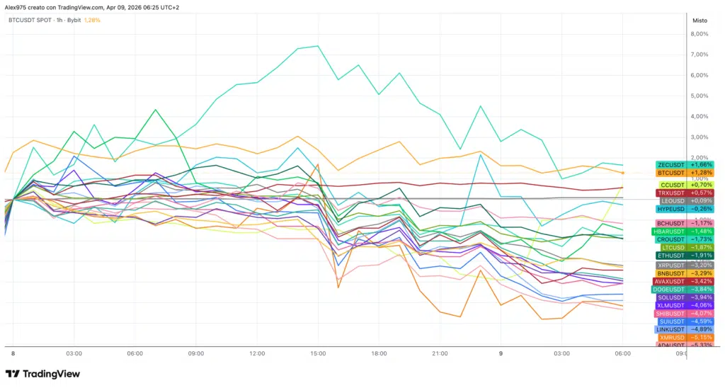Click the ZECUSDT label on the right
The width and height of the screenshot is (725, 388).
tap(676, 164)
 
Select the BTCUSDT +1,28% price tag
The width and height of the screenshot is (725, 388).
tap(676, 173)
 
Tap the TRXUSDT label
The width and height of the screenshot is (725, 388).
tap(676, 193)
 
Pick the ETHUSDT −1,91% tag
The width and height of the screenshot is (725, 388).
tap(676, 256)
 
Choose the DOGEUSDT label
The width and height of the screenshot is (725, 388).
tap(676, 289)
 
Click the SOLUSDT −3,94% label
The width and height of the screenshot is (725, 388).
tap(676, 297)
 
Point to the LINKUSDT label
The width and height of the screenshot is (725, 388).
tap(676, 329)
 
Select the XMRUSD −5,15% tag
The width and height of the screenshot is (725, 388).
tap(676, 338)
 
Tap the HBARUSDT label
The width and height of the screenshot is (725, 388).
tap(676, 231)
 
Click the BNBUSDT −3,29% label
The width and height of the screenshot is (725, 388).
tap(676, 273)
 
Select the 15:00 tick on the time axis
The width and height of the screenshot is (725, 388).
tap(318, 353)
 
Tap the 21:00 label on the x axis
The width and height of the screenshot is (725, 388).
tap(440, 353)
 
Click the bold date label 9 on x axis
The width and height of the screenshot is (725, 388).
tap(501, 353)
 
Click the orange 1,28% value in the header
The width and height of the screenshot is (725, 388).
tap(92, 21)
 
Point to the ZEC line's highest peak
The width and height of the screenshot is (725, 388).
tap(318, 46)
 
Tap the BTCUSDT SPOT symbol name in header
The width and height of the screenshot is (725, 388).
tap(30, 21)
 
